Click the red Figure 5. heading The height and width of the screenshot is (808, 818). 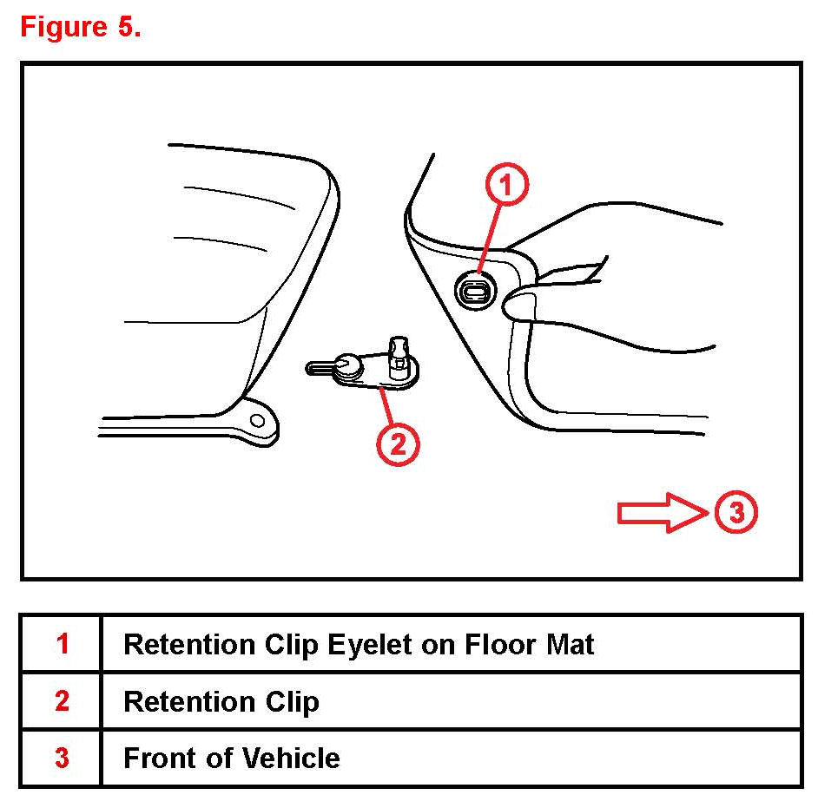(81, 27)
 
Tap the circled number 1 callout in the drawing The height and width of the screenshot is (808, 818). (506, 185)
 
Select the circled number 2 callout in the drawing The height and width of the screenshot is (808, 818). (398, 444)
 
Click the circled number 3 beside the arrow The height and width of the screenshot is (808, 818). (736, 511)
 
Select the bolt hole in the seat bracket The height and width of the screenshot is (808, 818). (258, 420)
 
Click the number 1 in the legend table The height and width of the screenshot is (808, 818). (63, 643)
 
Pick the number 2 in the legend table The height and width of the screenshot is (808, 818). (62, 700)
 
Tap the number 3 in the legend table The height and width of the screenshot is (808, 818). (62, 758)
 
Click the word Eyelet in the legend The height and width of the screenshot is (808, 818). (370, 646)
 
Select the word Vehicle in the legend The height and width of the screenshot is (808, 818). (291, 759)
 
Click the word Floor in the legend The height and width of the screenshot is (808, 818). (500, 644)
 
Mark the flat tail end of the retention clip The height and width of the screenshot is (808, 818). (320, 369)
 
